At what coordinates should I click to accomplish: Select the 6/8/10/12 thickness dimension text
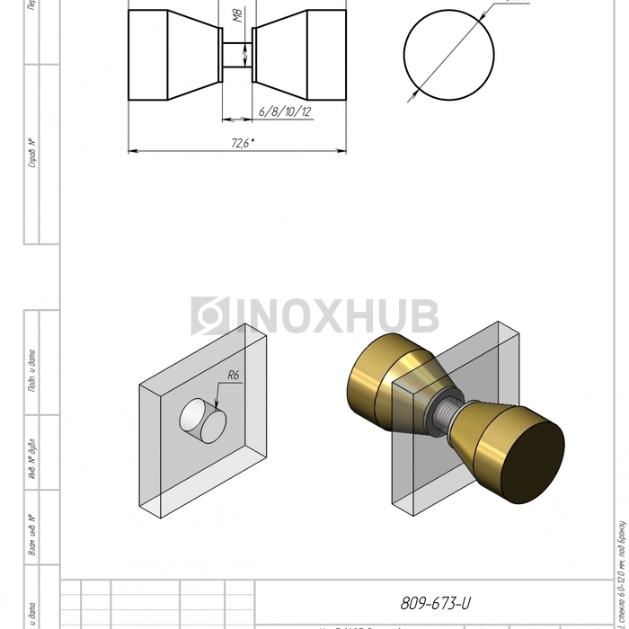click(284, 111)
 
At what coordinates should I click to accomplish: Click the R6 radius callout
click(234, 376)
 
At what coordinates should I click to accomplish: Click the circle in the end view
click(448, 55)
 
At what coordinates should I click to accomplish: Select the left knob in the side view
click(174, 55)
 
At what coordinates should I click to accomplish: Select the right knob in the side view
click(300, 55)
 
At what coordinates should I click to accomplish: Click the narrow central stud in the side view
click(237, 55)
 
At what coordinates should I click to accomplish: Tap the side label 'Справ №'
click(32, 154)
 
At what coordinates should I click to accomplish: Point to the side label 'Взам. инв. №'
click(32, 535)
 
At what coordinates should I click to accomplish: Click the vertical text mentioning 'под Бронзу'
click(621, 575)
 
